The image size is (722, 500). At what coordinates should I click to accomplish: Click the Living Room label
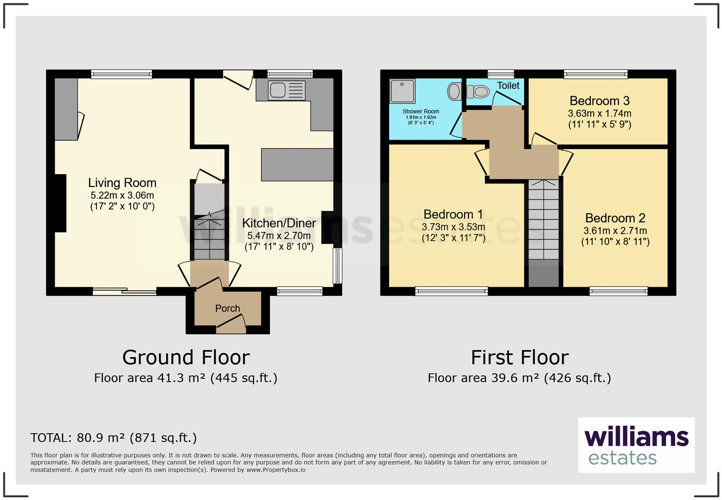122,183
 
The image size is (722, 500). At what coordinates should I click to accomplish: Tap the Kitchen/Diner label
279,223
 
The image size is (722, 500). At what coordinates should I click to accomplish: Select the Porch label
227,308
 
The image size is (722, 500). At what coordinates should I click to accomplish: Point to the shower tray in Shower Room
402,91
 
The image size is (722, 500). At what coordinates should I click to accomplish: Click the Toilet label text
508,85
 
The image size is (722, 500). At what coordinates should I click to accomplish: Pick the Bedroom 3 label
599,101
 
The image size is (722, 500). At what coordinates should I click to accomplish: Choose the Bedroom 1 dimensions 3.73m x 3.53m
453,227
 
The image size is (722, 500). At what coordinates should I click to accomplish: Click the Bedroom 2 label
615,218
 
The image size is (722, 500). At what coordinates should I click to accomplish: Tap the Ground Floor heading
186,357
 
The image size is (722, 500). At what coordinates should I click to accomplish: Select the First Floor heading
520,357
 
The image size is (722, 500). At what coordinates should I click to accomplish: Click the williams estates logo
636,445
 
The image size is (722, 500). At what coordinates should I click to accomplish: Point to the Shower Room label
421,111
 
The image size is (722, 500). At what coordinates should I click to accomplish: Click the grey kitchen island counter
297,165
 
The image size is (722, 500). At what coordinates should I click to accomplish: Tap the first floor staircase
543,224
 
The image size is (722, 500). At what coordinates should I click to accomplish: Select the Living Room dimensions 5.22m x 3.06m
122,195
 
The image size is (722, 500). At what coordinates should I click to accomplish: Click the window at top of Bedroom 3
595,74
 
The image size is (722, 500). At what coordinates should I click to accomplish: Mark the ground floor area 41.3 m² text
185,378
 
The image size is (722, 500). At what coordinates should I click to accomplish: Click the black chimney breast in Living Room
60,203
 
